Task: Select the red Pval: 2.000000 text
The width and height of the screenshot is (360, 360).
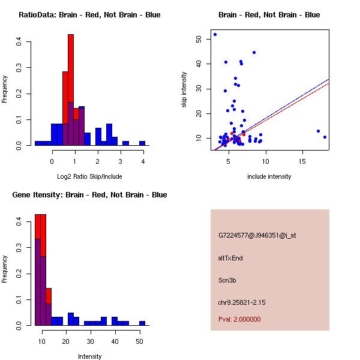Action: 239,319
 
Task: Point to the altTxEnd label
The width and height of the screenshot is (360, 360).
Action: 230,258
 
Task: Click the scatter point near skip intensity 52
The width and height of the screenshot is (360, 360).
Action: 215,34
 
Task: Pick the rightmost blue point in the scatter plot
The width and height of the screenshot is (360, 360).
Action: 325,137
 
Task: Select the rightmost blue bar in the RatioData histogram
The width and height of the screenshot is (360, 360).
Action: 142,143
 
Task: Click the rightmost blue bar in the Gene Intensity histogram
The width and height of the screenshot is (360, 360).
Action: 142,323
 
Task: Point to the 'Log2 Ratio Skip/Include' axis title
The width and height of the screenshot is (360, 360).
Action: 89,176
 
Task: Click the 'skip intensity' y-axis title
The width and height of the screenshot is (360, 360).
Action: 184,90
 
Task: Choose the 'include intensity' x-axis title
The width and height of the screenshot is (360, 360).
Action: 269,176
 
